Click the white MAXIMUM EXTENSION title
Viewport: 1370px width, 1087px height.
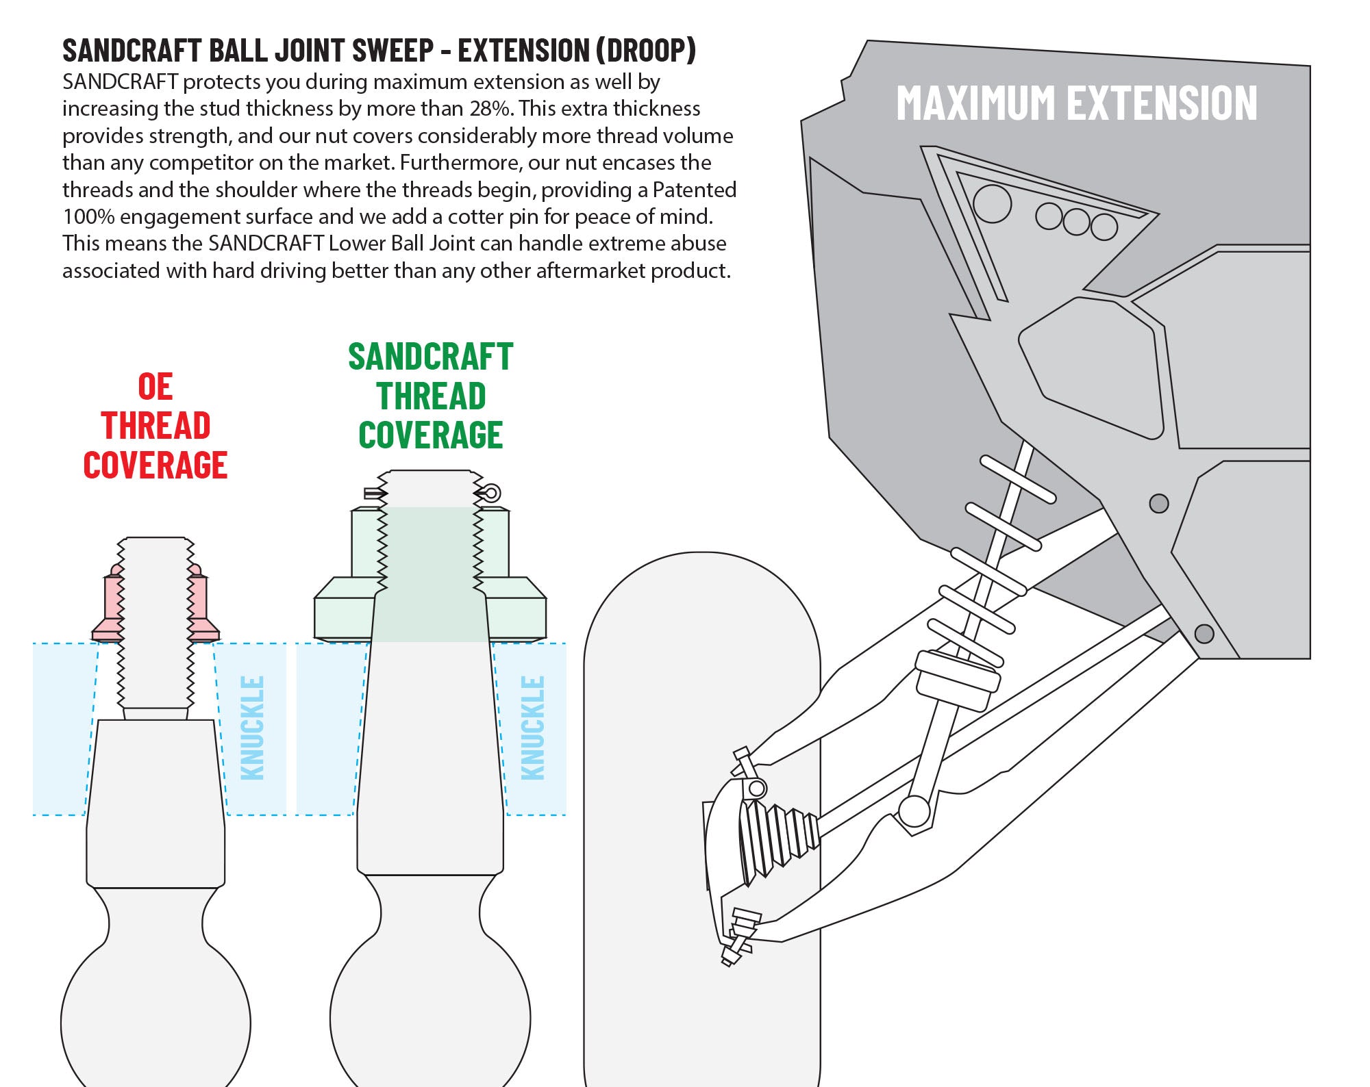[x=1076, y=103]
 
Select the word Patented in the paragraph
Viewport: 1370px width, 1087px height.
[x=695, y=190]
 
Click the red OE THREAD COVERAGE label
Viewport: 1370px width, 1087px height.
[x=155, y=426]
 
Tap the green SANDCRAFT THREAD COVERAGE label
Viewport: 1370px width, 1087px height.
[x=431, y=396]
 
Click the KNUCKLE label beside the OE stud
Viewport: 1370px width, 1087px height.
[x=253, y=728]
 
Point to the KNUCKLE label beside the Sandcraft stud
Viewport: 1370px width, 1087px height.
[x=533, y=728]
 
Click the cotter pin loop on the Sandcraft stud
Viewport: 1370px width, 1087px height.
[x=491, y=493]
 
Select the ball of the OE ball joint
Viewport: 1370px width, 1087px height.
[x=155, y=1020]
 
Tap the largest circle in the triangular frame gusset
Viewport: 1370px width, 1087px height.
[x=992, y=203]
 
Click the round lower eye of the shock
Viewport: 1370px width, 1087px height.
[x=914, y=812]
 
